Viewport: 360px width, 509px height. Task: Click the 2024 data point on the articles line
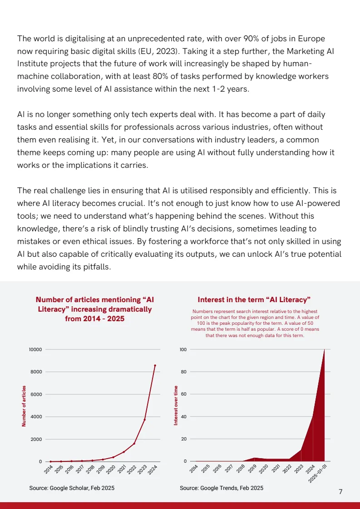[155, 365]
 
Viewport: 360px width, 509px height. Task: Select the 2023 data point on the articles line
[144, 420]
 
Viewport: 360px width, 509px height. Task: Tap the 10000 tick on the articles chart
[35, 350]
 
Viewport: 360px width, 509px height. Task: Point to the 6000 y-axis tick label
[36, 394]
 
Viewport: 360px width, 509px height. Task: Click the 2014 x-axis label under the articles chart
[49, 470]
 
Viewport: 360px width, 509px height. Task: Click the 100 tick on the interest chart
[183, 350]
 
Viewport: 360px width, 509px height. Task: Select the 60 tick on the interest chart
[183, 394]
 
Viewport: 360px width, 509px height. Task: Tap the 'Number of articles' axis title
[24, 406]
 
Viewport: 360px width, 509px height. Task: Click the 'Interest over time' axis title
[176, 405]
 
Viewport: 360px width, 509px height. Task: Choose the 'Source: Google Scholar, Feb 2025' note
[72, 488]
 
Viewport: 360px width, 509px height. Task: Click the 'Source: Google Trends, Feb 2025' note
[221, 488]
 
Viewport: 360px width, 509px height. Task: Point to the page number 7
[340, 492]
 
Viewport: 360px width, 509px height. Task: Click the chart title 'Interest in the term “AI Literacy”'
[254, 300]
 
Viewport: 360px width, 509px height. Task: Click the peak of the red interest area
[324, 350]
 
